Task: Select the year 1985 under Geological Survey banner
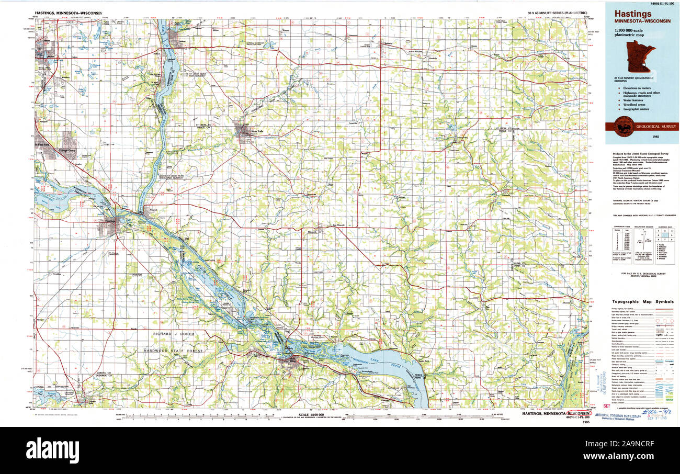pos(655,137)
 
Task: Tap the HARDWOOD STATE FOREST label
pos(175,351)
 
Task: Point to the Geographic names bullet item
pos(636,110)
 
